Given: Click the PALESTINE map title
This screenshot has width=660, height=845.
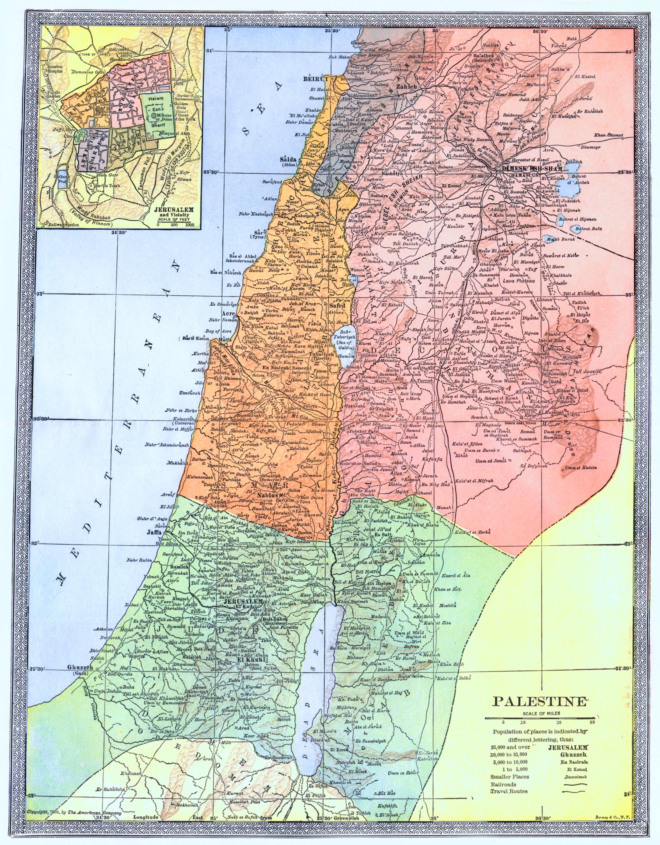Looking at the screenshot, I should click(539, 702).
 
